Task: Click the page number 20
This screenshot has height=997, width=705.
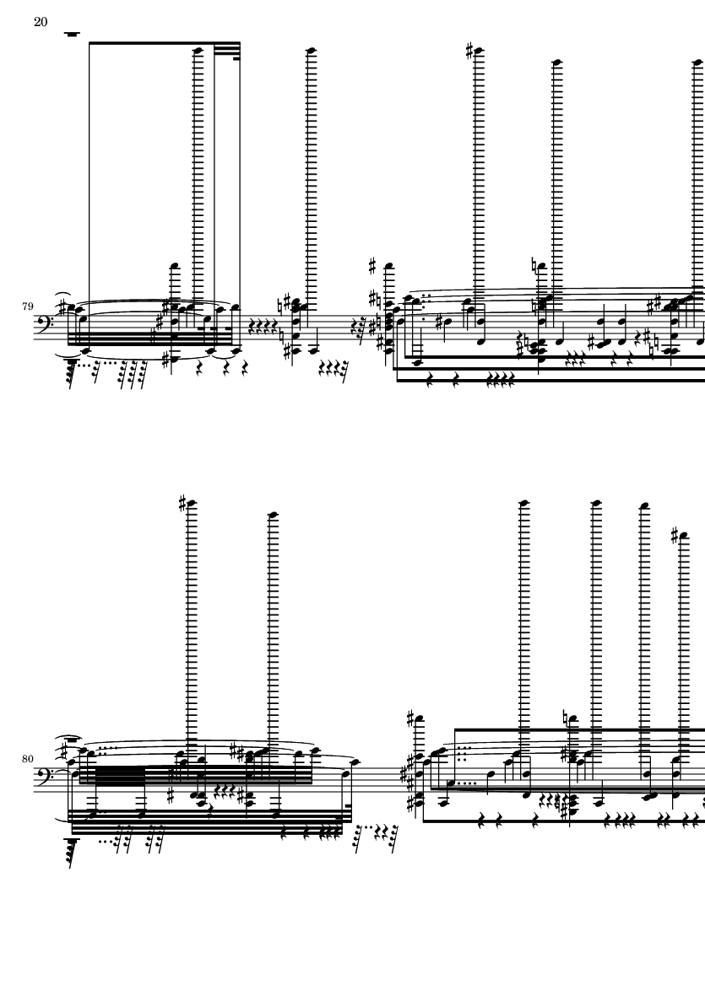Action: tap(41, 22)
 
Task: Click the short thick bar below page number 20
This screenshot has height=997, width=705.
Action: tap(73, 35)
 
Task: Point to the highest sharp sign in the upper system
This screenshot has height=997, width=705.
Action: tap(471, 50)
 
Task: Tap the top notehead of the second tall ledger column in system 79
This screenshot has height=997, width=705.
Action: tap(311, 51)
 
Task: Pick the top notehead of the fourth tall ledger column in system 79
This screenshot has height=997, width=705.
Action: tap(556, 62)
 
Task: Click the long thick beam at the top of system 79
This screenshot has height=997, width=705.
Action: tap(152, 42)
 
